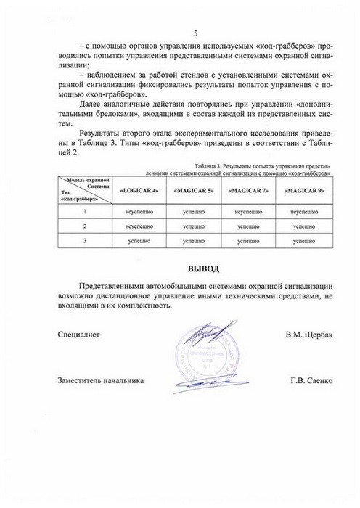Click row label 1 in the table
pyautogui.click(x=85, y=211)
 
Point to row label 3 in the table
pyautogui.click(x=85, y=240)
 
